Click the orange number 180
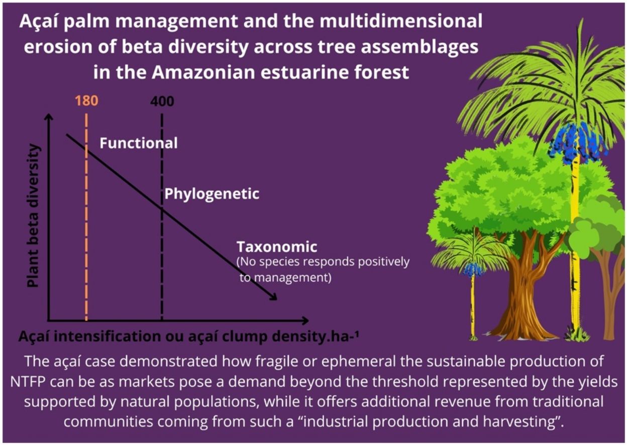pos(86,101)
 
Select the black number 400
pos(162,101)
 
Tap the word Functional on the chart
pos(138,143)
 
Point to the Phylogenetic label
pos(212,194)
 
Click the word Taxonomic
pos(277,247)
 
